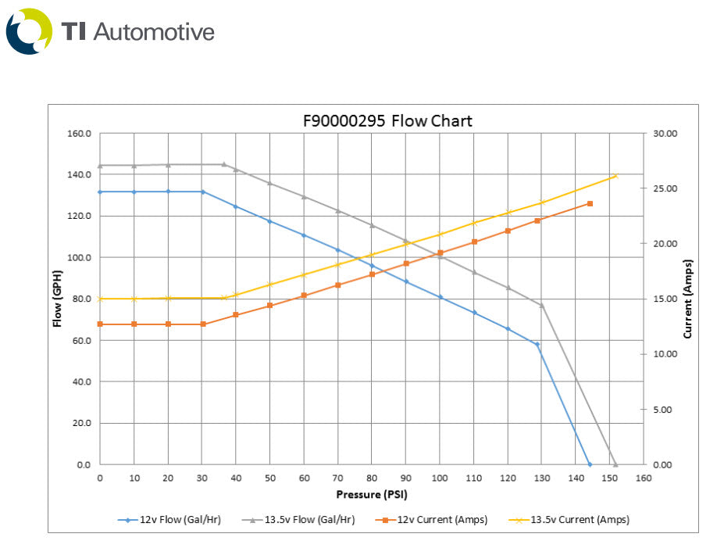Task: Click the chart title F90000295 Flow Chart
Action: tap(387, 121)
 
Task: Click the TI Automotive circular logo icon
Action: tap(29, 31)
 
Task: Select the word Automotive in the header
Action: tap(153, 31)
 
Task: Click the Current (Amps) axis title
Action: tap(687, 299)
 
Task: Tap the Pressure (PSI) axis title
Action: tap(371, 494)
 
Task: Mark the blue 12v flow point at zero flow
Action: tap(590, 464)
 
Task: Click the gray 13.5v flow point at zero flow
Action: tap(615, 464)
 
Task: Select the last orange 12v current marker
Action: tap(590, 204)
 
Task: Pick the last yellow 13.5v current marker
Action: tap(615, 176)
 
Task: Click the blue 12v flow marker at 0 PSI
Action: tap(100, 192)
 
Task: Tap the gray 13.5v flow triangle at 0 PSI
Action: tap(100, 166)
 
